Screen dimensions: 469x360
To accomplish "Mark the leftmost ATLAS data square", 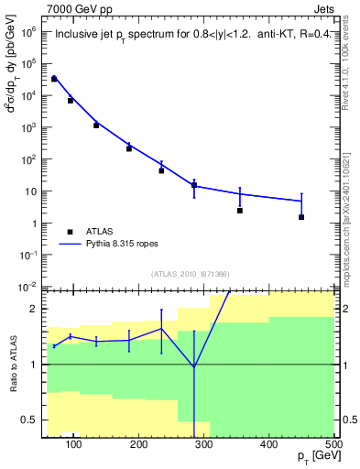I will [54, 79].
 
